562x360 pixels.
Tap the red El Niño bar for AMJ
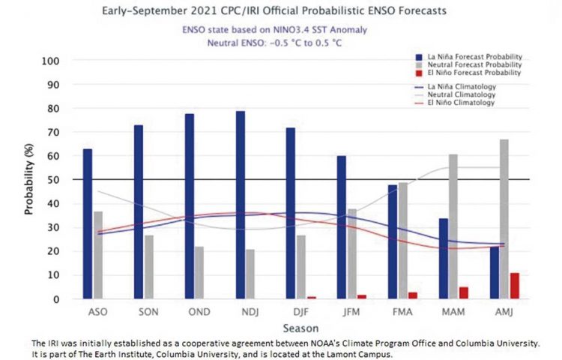pos(514,286)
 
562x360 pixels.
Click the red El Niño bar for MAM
pos(464,292)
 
